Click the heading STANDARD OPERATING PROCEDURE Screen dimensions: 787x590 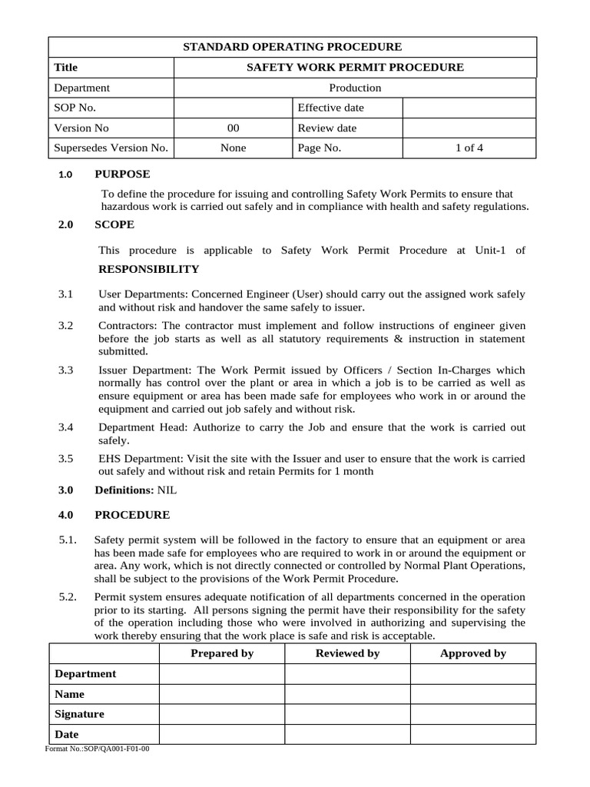click(292, 48)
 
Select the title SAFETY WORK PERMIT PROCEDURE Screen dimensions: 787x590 click(354, 68)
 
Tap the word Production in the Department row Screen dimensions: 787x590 click(355, 88)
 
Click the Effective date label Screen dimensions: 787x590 click(330, 108)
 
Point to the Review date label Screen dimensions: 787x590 click(326, 128)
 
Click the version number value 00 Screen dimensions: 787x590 click(234, 128)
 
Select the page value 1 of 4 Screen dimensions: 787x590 click(469, 148)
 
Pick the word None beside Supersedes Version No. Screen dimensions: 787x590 click(234, 148)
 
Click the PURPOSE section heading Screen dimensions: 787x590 click(122, 174)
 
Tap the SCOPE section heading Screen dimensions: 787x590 click(114, 224)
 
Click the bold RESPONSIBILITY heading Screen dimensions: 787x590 click(149, 269)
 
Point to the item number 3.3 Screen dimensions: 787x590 click(65, 370)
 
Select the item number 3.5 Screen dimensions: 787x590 click(65, 459)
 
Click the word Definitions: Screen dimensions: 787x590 click(124, 490)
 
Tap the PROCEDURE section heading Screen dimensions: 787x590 click(132, 514)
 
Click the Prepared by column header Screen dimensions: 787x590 click(221, 653)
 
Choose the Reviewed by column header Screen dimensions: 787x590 click(347, 653)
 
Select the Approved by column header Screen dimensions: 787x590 click(472, 653)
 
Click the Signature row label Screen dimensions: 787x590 click(80, 714)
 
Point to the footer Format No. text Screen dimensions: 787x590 click(98, 749)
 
